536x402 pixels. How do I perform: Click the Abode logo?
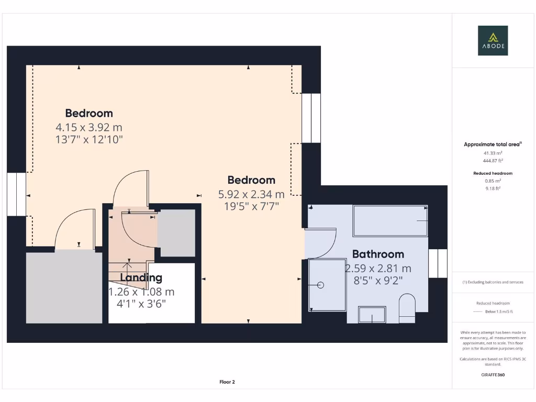point(492,41)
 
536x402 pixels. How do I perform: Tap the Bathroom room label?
point(378,254)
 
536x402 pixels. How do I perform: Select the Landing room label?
point(141,278)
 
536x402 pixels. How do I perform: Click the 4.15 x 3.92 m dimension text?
point(89,127)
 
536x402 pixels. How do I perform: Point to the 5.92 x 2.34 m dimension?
point(251,194)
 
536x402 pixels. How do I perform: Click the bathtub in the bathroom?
point(390,221)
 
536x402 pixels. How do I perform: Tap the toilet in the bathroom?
point(407,308)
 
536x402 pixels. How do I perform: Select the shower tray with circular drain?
point(328,285)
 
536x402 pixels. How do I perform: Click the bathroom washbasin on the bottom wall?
point(372,315)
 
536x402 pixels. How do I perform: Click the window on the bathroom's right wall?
point(438,263)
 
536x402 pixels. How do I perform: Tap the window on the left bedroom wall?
point(16,194)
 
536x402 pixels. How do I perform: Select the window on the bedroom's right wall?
point(311,118)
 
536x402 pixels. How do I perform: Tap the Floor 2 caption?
point(227,382)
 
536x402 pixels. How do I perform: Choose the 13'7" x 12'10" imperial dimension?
point(89,139)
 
